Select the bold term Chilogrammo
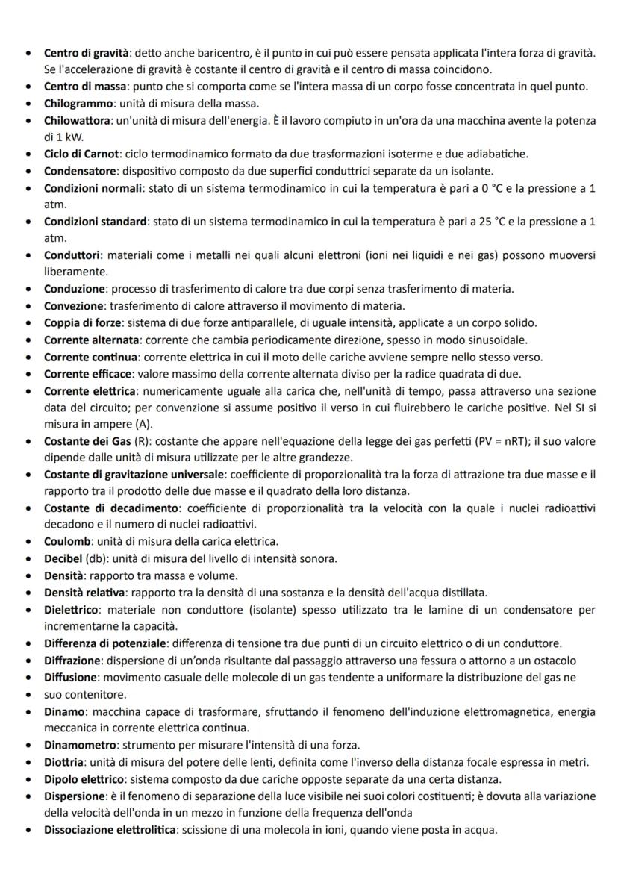(x=78, y=103)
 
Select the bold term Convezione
(x=71, y=306)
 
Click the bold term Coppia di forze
(x=82, y=323)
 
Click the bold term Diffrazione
(x=72, y=661)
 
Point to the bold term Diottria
(x=66, y=761)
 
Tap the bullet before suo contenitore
(x=28, y=694)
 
